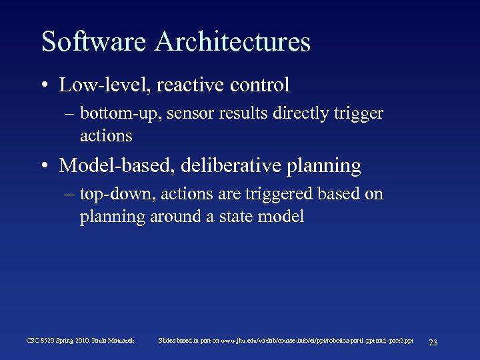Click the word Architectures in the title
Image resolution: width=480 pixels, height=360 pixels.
click(233, 42)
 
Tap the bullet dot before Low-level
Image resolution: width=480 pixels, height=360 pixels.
click(43, 85)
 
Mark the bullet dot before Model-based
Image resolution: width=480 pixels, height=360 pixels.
click(43, 166)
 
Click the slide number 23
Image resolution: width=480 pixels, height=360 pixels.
click(433, 342)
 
